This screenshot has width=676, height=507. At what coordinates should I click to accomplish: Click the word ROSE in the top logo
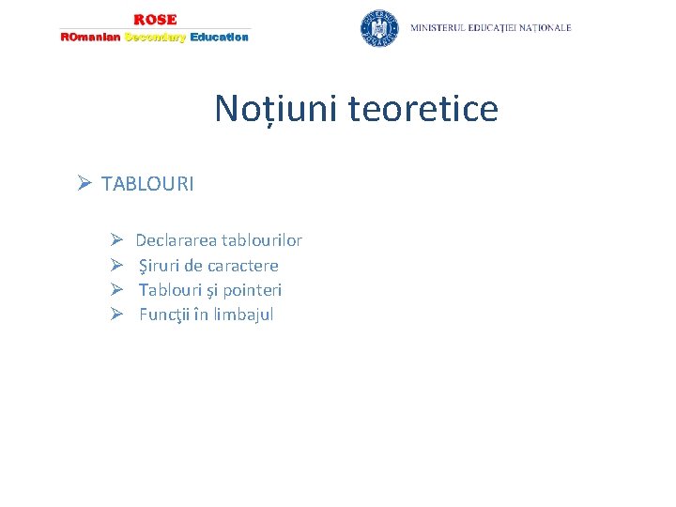pos(155,20)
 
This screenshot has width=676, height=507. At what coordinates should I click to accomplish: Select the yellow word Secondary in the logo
pos(155,38)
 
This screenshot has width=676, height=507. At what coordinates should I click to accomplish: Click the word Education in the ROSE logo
pos(219,38)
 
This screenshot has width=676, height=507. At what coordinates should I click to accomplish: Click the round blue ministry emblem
pos(379,28)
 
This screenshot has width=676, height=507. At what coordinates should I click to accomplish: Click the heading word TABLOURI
pos(147,184)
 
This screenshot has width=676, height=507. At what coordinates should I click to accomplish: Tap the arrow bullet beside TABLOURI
pos(84,184)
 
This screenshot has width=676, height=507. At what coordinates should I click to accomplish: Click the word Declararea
pos(177,241)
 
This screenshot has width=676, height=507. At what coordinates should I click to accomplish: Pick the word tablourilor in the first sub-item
pos(262,241)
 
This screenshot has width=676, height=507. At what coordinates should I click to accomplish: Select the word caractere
pos(243,266)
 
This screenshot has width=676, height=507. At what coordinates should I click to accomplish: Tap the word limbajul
pos(243,315)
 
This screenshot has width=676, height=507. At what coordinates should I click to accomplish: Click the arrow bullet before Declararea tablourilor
pos(116,241)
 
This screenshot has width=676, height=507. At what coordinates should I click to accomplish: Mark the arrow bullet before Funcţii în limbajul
pos(116,315)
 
